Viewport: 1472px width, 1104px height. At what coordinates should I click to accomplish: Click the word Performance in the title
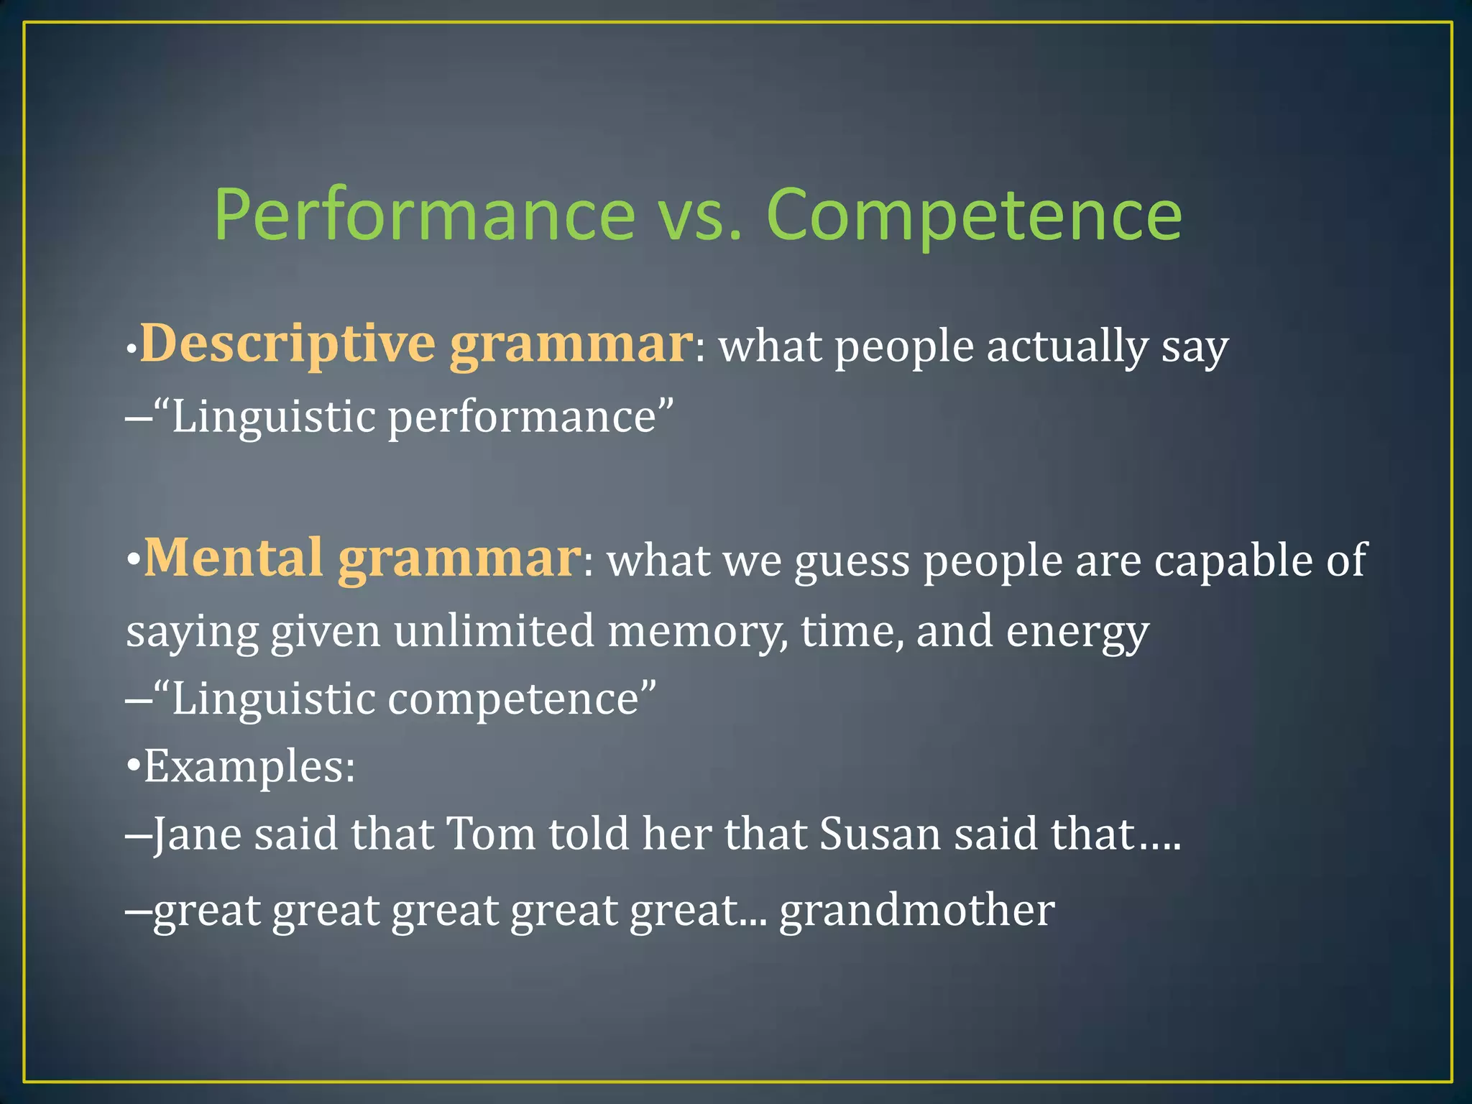(424, 215)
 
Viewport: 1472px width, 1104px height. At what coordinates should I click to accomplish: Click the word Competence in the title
(974, 215)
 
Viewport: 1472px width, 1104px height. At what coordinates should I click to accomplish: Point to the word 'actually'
(1067, 347)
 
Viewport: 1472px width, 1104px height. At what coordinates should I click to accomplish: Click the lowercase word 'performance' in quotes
(522, 418)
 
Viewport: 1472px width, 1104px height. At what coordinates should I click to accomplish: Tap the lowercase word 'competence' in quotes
(513, 699)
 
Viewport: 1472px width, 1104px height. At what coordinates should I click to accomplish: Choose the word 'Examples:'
(249, 767)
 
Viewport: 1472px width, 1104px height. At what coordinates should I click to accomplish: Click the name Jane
(197, 835)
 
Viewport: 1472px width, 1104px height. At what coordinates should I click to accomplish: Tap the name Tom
(491, 835)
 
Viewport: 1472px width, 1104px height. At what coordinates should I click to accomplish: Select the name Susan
(880, 835)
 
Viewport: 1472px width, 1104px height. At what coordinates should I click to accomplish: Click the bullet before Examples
(134, 767)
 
